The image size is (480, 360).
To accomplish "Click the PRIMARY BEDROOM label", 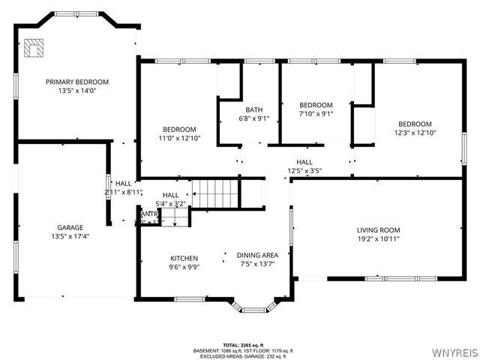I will click(77, 82).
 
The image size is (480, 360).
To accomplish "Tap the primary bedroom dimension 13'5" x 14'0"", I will click(77, 91).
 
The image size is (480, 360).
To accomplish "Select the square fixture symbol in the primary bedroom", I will click(34, 48).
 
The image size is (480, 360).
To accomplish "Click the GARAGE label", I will click(70, 227).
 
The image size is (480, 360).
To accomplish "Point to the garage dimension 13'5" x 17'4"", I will click(70, 236).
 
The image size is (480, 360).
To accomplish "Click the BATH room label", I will click(253, 110).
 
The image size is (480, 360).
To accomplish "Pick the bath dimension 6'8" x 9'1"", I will click(253, 118).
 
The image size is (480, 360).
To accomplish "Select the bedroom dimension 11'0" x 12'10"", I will click(180, 138).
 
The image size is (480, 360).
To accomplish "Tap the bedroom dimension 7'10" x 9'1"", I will click(316, 114).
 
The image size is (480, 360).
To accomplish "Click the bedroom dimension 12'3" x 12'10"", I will click(415, 133).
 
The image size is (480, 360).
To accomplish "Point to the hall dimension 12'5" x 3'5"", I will click(304, 171).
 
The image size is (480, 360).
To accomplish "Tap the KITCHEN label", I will click(184, 258).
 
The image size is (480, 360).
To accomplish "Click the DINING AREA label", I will click(257, 255).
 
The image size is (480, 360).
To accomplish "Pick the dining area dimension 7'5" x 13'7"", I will click(257, 264).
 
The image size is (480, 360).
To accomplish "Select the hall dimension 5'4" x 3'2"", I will click(170, 203).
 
